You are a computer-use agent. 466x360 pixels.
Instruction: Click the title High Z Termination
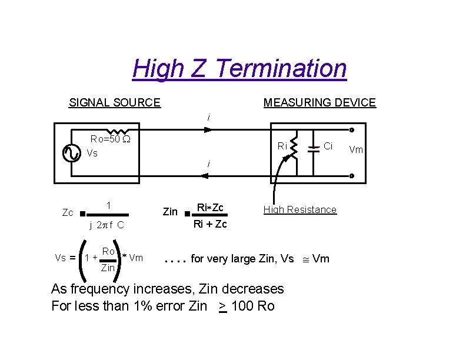[x=239, y=68]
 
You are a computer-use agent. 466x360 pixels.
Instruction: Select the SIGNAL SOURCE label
[x=115, y=102]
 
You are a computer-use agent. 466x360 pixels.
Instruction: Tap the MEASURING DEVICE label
[x=319, y=102]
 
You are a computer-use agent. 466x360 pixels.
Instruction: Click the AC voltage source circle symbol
[x=72, y=153]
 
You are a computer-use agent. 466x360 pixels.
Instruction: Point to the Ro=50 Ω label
[x=109, y=139]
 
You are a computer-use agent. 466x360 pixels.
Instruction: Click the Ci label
[x=328, y=145]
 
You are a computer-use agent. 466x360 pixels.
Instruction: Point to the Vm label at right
[x=356, y=149]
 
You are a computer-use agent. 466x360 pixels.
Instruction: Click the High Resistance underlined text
[x=300, y=209]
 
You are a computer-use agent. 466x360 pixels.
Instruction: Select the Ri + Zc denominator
[x=211, y=224]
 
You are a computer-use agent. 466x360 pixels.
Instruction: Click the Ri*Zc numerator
[x=210, y=208]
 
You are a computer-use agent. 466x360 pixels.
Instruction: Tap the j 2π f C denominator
[x=106, y=225]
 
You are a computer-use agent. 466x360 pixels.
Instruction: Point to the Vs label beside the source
[x=92, y=154]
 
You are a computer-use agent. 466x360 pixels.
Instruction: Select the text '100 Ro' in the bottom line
[x=253, y=306]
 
